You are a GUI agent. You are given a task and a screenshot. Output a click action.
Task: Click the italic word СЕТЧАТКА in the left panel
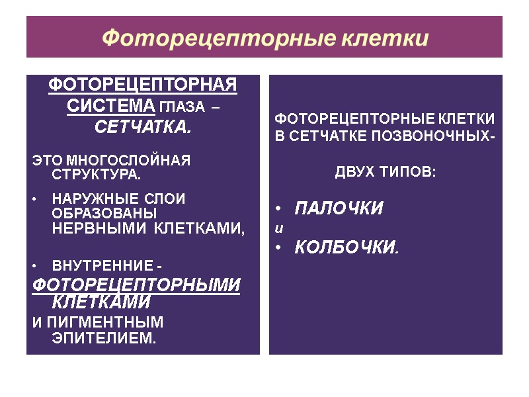click(142, 126)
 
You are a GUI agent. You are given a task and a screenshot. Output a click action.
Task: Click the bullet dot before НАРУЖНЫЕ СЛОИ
click(34, 199)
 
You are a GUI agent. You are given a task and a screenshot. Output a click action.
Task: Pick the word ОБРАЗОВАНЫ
click(104, 214)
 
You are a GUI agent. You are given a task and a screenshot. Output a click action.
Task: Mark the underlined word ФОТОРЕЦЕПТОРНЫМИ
click(136, 285)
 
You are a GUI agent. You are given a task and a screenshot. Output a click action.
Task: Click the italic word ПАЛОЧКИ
click(338, 209)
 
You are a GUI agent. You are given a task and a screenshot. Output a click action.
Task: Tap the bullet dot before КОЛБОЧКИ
click(279, 248)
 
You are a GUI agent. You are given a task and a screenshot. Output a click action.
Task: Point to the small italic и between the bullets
click(278, 228)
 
